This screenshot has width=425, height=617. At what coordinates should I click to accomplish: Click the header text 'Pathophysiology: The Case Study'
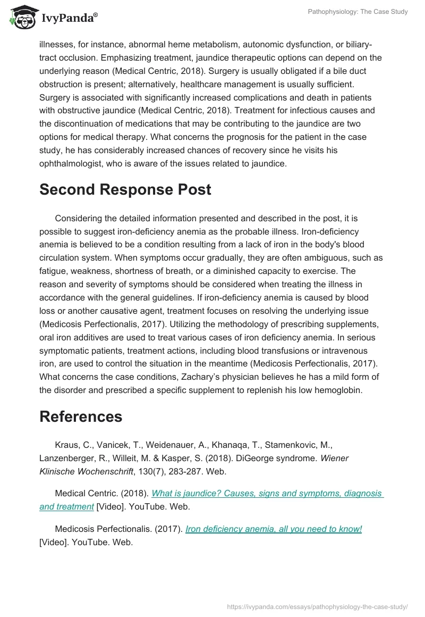click(x=358, y=11)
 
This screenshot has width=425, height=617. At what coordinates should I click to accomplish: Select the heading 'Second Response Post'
click(x=125, y=190)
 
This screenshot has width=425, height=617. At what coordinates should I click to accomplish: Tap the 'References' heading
click(x=81, y=416)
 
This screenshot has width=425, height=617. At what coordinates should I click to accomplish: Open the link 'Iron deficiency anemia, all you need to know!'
click(x=274, y=529)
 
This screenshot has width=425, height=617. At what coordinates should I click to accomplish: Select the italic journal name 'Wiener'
click(x=335, y=458)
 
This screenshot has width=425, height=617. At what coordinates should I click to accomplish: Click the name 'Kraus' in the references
click(x=66, y=445)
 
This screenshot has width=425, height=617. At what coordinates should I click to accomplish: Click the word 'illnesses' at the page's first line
click(x=57, y=44)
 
